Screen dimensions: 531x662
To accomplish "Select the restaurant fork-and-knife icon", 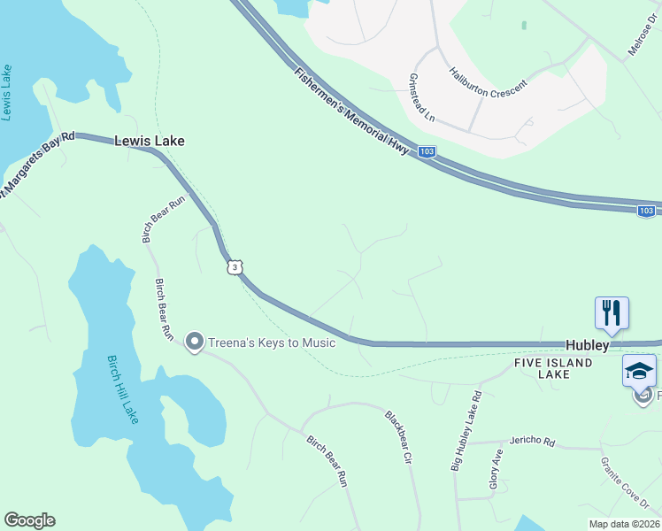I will [612, 313].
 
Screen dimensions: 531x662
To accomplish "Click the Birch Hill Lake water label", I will [123, 389].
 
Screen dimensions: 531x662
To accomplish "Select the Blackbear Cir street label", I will [399, 437].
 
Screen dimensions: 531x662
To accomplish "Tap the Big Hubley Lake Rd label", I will [466, 431].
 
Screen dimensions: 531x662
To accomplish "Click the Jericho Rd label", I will [532, 441].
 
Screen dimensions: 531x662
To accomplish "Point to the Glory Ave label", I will [496, 470].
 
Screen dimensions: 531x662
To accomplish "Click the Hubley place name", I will [588, 345].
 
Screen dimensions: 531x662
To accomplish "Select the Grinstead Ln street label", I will [421, 97].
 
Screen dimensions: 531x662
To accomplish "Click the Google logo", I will [29, 520].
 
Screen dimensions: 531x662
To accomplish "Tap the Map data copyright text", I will [624, 523].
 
